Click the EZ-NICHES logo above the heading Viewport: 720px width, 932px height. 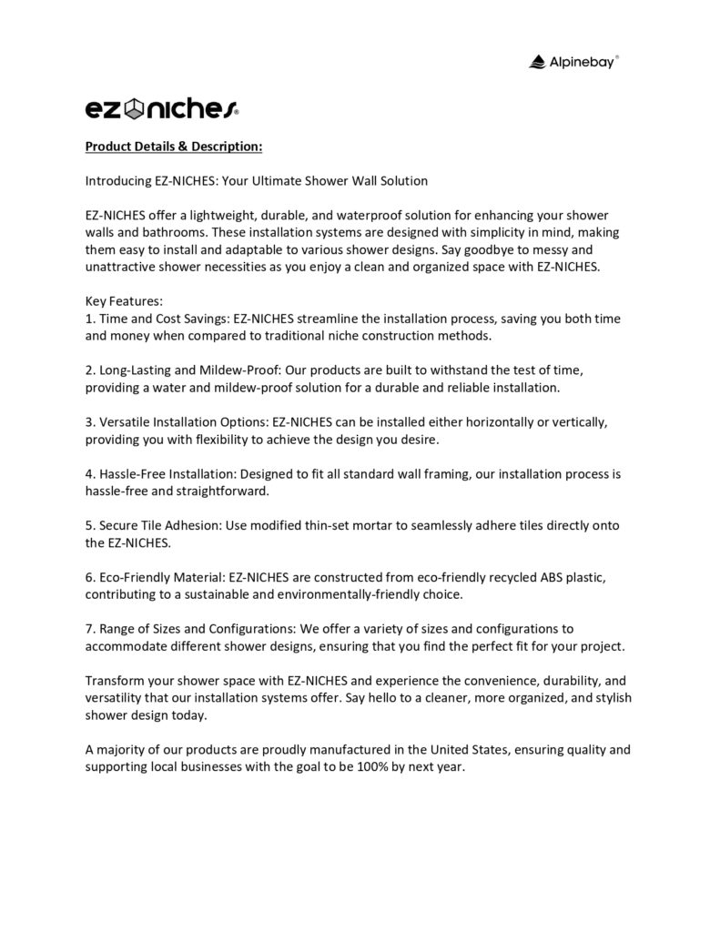click(162, 110)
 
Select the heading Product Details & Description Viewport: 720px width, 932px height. click(174, 146)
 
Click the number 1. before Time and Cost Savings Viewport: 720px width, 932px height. click(90, 319)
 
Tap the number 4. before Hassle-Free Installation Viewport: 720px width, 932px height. click(90, 474)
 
